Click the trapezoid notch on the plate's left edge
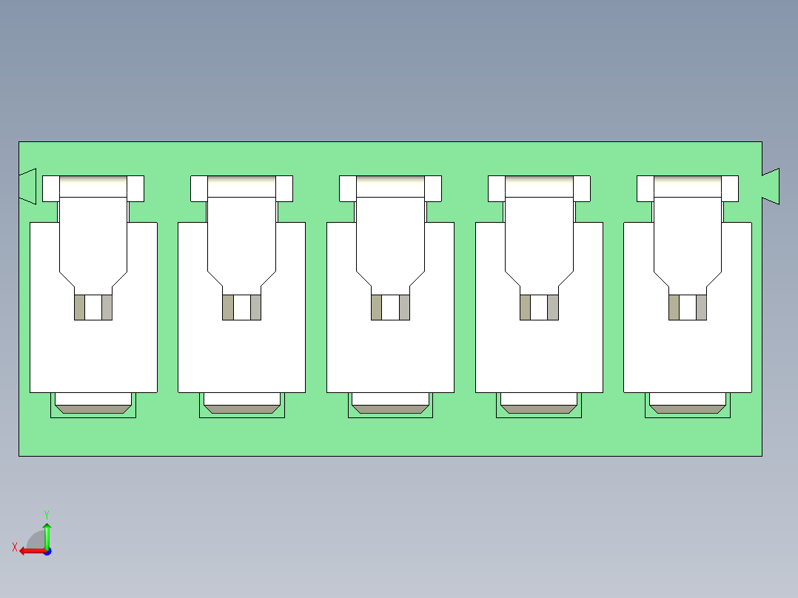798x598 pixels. [x=28, y=186]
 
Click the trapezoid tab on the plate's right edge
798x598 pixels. [x=771, y=186]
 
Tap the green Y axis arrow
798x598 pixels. [x=47, y=533]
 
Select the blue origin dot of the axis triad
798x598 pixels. [x=47, y=551]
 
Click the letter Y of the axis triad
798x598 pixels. [x=46, y=514]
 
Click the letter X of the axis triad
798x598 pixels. [x=14, y=548]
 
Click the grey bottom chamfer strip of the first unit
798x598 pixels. [x=93, y=409]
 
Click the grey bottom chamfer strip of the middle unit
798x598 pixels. [x=390, y=409]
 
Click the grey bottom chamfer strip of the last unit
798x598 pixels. [x=688, y=409]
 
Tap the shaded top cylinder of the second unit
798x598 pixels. [x=242, y=187]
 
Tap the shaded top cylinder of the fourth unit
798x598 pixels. [x=539, y=187]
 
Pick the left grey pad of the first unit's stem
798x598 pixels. [x=79, y=307]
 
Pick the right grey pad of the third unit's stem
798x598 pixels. [x=404, y=307]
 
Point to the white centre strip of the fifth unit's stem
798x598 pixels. [x=688, y=307]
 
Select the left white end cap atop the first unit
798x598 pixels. [x=50, y=188]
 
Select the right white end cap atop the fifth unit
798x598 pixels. [x=730, y=188]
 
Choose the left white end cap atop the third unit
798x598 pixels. [x=347, y=188]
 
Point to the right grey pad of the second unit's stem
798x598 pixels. [x=255, y=307]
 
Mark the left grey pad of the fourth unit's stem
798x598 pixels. [x=525, y=307]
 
